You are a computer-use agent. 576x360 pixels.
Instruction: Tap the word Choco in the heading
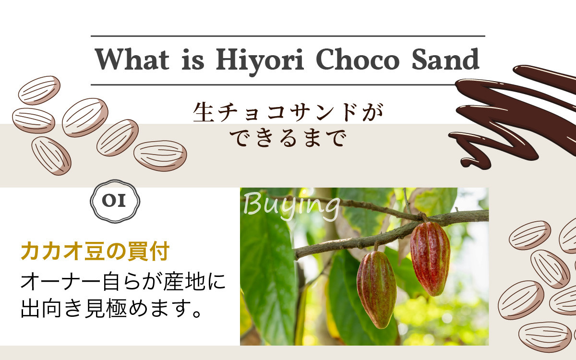358,59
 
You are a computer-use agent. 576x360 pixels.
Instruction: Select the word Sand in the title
445,59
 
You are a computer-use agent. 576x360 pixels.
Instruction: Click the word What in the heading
132,59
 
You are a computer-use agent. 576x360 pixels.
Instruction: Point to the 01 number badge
115,201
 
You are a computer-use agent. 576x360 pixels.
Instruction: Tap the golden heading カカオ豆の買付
95,251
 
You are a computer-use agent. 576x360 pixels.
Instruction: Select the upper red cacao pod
430,258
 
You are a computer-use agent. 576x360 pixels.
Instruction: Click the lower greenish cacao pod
376,289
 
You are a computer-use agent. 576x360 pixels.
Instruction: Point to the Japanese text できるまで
288,138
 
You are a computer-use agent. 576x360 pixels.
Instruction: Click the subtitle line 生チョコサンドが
288,112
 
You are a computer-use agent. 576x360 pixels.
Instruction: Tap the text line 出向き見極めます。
111,308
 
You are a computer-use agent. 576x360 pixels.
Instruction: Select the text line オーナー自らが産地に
123,281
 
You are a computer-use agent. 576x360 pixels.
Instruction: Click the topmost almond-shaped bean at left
39,90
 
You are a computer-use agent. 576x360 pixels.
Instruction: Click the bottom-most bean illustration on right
544,337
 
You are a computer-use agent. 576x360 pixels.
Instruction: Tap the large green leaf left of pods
267,278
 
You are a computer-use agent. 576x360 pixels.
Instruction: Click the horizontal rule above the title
288,36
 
